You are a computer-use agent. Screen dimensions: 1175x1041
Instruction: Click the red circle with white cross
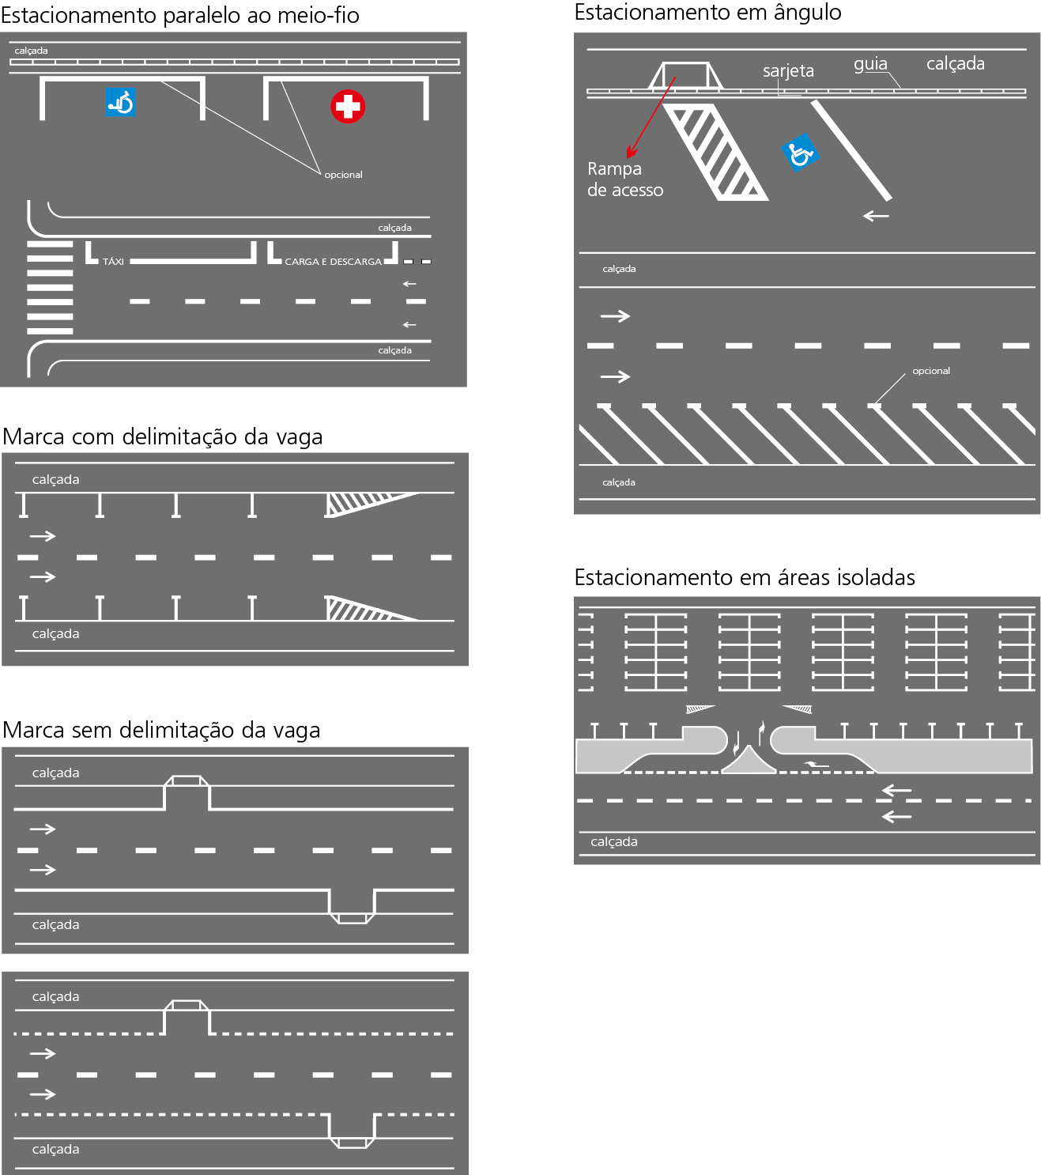348,107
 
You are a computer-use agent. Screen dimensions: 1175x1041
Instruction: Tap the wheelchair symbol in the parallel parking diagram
120,103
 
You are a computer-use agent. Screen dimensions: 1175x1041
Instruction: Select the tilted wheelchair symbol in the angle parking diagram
799,153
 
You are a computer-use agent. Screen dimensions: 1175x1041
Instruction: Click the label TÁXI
113,262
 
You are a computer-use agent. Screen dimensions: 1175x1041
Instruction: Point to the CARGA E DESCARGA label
333,262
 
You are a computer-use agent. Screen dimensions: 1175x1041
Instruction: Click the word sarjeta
788,71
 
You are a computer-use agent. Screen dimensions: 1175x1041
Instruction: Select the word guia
870,64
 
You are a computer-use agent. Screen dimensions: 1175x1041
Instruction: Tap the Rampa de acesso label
624,179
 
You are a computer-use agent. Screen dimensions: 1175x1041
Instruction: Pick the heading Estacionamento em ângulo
707,13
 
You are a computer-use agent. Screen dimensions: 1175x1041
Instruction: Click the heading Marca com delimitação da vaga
163,437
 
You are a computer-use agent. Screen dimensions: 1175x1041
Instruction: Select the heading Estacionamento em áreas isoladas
744,578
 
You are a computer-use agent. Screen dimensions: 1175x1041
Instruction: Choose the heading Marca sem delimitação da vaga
161,731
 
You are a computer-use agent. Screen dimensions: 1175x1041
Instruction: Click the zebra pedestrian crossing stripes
50,288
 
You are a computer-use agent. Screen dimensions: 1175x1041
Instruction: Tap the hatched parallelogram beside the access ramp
715,152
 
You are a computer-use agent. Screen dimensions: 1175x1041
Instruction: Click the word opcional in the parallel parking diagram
343,175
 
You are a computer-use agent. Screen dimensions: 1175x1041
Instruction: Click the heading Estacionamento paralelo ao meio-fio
180,15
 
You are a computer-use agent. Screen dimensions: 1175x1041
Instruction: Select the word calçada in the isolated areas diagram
613,842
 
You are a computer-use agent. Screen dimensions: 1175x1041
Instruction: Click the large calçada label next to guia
955,64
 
